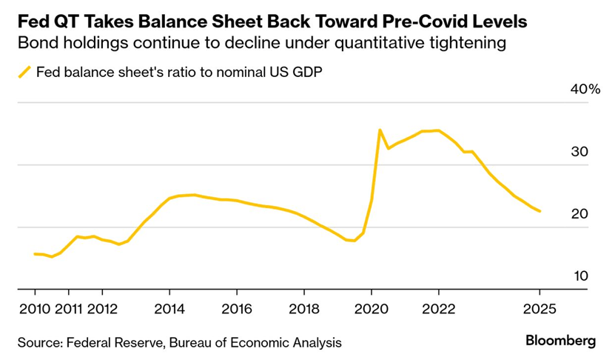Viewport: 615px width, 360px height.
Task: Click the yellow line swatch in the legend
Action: [x=24, y=72]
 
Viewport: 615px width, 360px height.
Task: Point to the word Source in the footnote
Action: [x=38, y=342]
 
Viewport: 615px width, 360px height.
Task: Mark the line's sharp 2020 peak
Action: [x=380, y=130]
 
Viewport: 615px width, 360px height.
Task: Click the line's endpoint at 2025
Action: [x=540, y=211]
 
